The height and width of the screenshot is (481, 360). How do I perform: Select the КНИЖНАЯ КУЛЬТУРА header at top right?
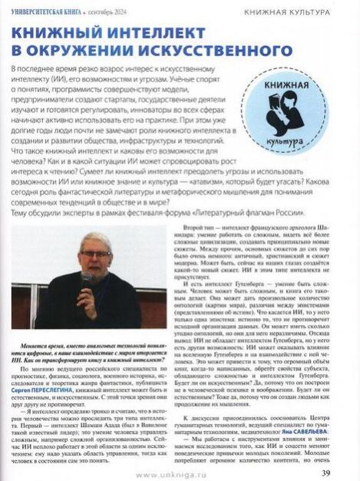pos(288,12)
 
